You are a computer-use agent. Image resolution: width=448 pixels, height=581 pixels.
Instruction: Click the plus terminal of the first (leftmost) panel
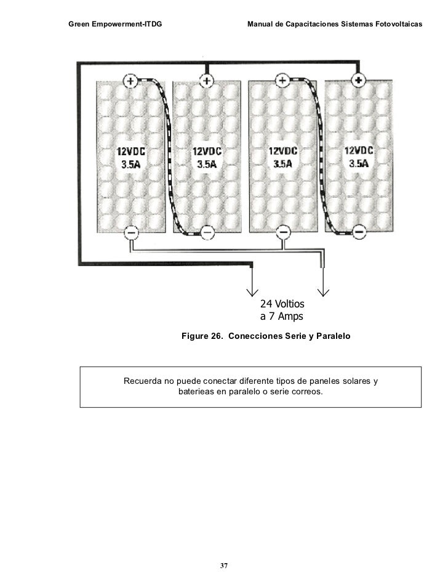tap(130, 80)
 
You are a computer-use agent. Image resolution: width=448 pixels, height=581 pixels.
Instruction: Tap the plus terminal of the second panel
tap(207, 80)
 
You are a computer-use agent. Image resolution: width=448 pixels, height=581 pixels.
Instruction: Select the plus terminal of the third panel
tap(282, 80)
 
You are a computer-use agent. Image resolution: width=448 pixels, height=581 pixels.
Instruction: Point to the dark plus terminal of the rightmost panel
tap(359, 79)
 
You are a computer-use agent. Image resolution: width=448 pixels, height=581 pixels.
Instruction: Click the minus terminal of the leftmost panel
tap(130, 232)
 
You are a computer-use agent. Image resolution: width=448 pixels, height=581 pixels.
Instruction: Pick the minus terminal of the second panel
tap(207, 232)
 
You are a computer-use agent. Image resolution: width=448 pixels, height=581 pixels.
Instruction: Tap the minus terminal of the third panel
tap(283, 232)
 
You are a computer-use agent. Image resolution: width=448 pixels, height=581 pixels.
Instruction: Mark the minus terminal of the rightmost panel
tap(360, 232)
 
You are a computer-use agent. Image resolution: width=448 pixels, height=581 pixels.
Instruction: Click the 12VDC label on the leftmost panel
tap(132, 151)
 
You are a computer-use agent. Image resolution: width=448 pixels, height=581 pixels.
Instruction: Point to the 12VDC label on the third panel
tap(283, 151)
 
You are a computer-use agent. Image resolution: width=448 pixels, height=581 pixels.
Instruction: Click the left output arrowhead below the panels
tap(252, 291)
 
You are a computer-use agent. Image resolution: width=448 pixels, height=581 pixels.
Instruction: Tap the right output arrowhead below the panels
tap(324, 291)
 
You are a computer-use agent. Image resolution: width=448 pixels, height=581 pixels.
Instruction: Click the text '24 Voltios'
tap(282, 304)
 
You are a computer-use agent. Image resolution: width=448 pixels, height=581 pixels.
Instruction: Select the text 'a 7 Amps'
tap(282, 317)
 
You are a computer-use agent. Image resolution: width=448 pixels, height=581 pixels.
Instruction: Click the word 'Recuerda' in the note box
tap(144, 381)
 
